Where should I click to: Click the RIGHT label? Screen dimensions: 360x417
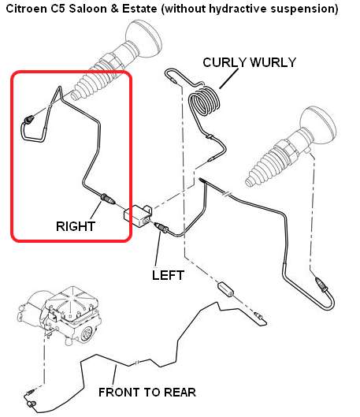click(x=76, y=226)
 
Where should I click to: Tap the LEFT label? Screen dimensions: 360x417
click(x=168, y=275)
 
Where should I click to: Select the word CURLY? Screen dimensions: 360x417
click(x=225, y=62)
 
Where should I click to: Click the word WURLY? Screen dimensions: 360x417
click(x=273, y=62)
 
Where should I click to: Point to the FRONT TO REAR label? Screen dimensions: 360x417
click(x=147, y=393)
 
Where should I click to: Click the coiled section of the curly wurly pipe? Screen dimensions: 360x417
click(x=204, y=102)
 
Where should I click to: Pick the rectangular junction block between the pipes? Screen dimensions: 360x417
click(x=137, y=216)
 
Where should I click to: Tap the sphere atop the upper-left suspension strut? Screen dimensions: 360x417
click(x=143, y=39)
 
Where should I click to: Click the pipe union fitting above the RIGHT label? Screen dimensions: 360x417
click(x=107, y=199)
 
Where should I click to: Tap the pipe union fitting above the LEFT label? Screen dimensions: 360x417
click(x=161, y=227)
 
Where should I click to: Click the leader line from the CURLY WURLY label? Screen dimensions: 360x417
click(x=228, y=79)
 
